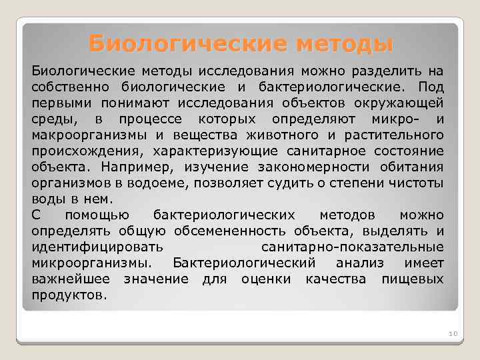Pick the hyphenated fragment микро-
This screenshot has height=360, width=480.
click(395, 119)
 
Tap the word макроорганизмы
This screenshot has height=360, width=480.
click(83, 135)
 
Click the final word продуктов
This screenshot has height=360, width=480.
click(69, 295)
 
